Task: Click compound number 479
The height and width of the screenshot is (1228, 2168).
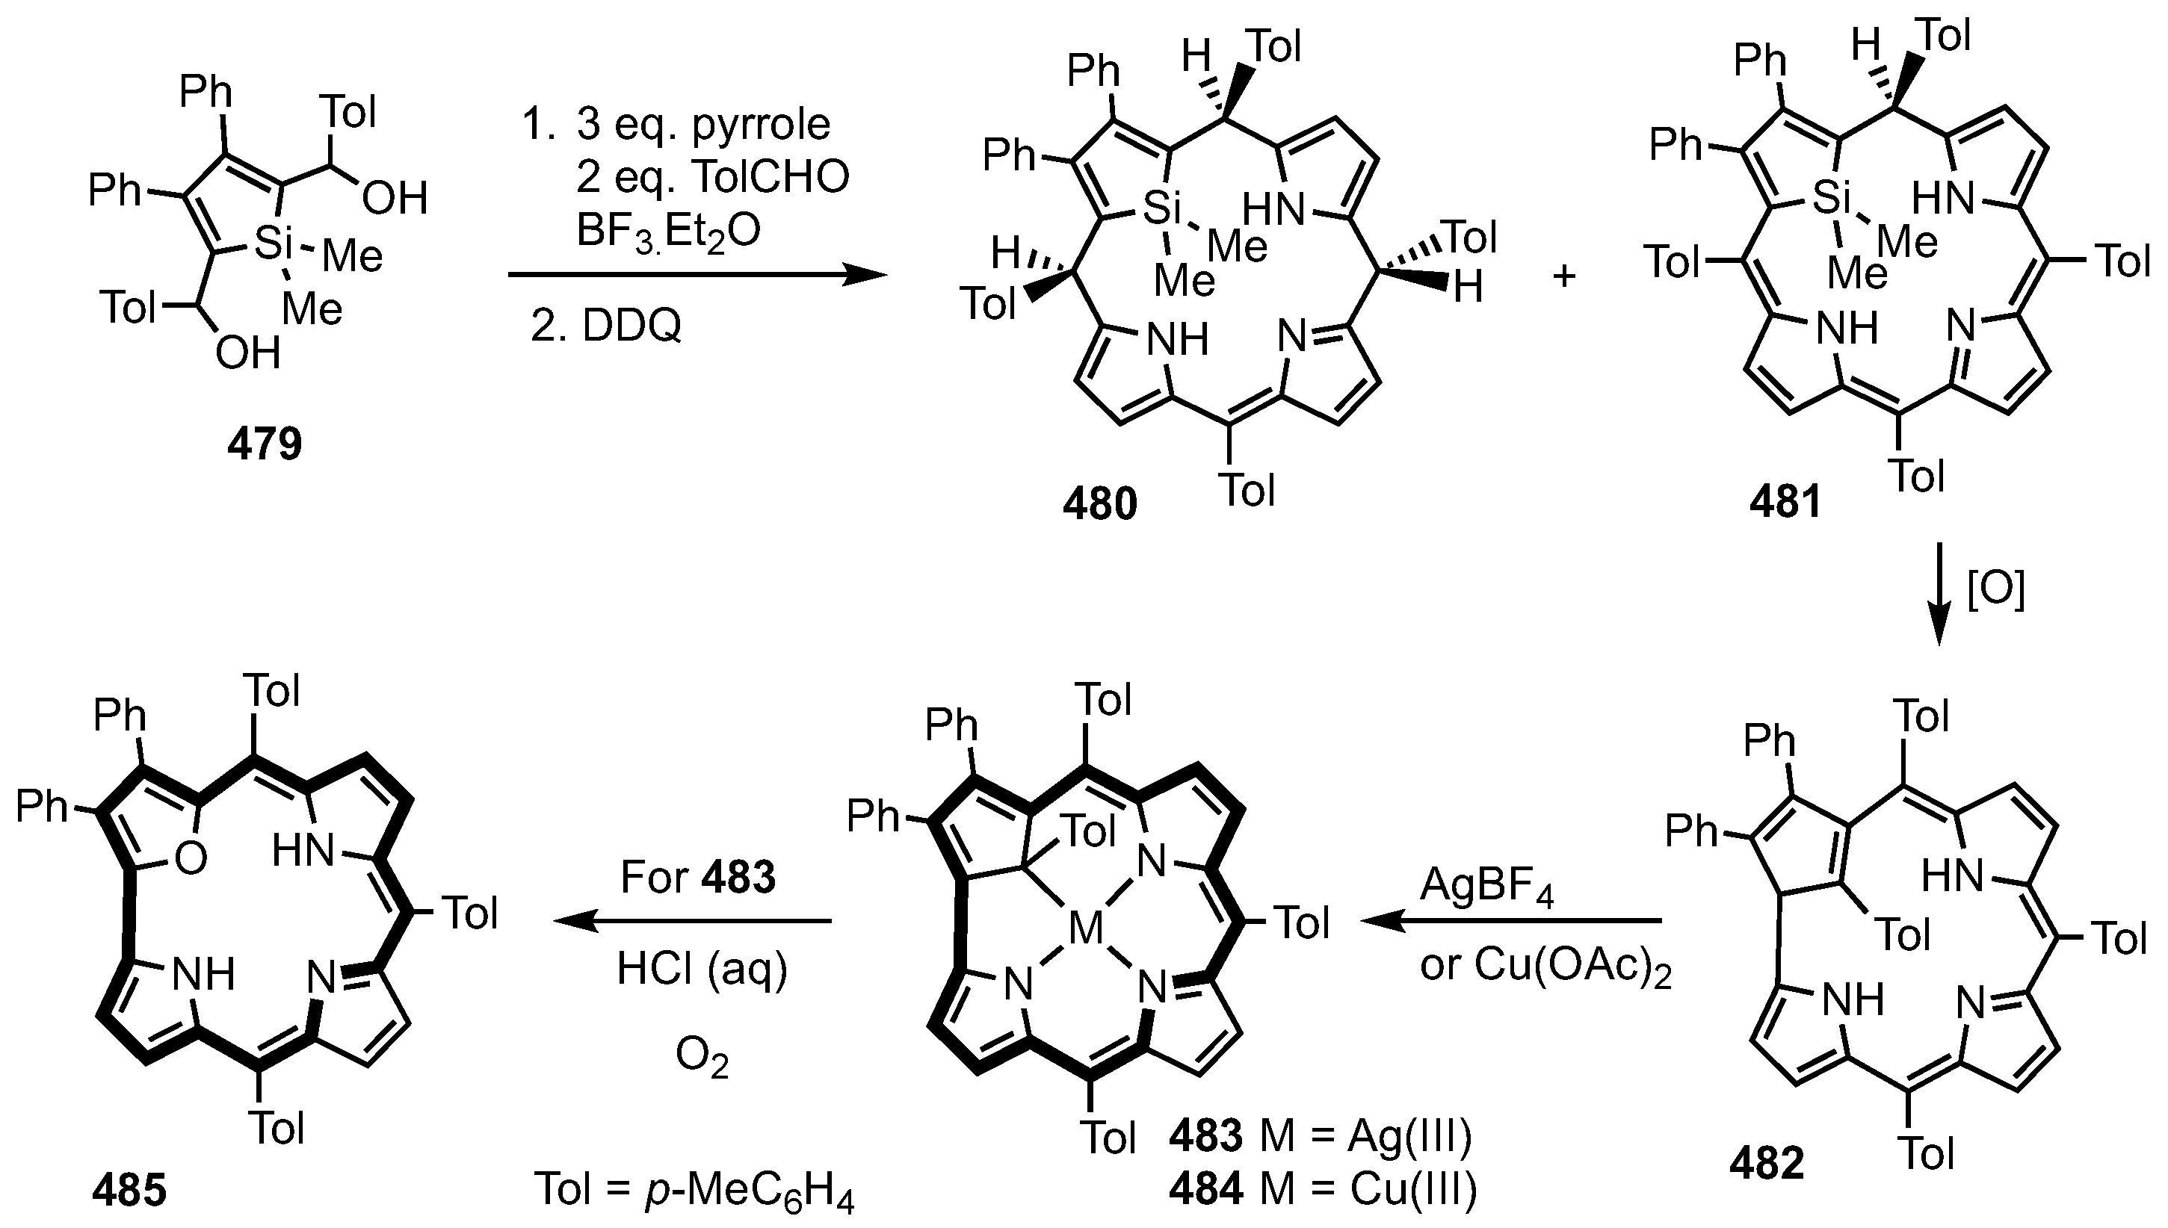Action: coord(264,443)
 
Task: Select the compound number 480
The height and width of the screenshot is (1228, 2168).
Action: coord(1099,504)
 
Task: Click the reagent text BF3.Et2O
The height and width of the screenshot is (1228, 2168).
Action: coord(668,229)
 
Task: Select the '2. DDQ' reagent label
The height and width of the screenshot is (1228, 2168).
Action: coord(605,326)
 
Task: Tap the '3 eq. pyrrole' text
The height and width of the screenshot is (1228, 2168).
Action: coord(702,124)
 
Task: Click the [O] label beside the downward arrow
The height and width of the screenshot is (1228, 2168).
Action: coord(1996,590)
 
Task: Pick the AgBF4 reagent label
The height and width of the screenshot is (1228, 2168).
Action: coord(1486,887)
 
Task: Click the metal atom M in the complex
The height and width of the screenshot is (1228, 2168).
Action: coord(1086,929)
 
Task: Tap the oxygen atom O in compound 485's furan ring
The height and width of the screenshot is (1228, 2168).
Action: coord(191,860)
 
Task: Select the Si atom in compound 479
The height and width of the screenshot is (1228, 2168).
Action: coord(273,244)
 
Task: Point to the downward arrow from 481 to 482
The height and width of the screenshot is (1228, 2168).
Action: coord(1938,594)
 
